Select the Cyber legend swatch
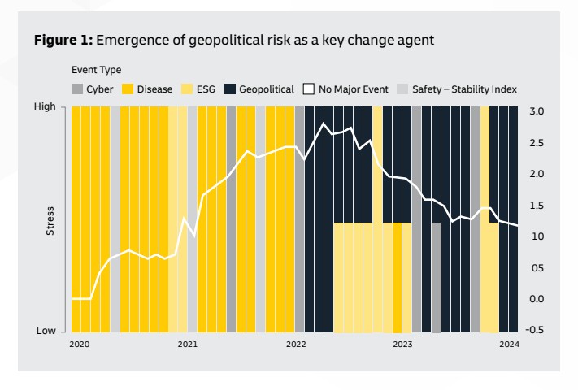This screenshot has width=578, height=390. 77,89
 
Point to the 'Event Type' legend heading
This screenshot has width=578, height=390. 96,71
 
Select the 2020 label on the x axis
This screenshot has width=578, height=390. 80,344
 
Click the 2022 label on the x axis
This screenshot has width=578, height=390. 295,344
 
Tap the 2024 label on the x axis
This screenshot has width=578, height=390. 509,344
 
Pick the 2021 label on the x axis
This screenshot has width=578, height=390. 187,344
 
